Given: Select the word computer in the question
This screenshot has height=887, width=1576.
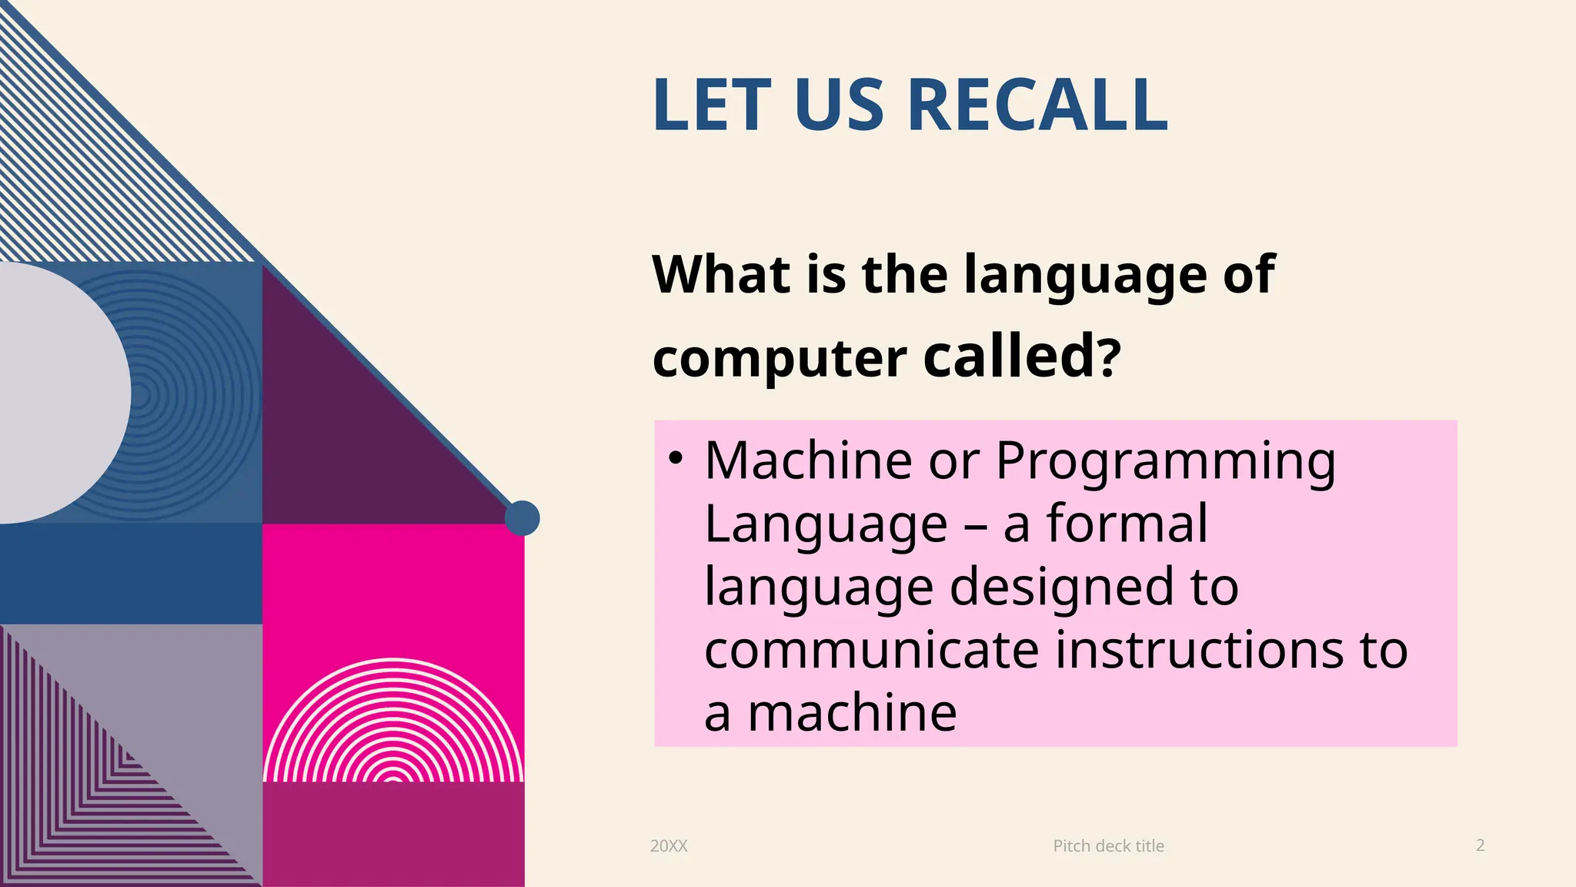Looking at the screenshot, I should pyautogui.click(x=780, y=360).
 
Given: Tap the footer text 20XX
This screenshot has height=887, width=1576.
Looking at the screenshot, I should pyautogui.click(x=669, y=846).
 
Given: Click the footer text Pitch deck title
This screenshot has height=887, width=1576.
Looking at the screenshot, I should pyautogui.click(x=1108, y=846).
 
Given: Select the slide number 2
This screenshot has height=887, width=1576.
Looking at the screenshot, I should pyautogui.click(x=1480, y=845).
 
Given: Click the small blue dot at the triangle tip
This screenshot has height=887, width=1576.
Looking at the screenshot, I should pyautogui.click(x=522, y=518).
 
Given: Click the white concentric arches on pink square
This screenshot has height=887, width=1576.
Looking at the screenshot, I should pyautogui.click(x=393, y=724).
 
